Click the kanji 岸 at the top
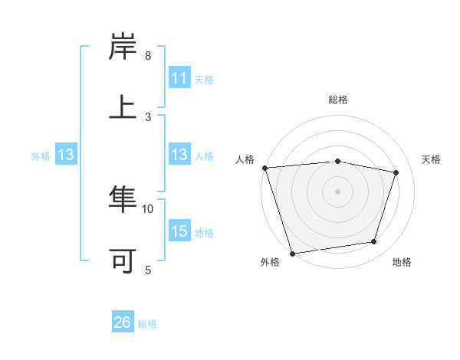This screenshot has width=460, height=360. coord(123,47)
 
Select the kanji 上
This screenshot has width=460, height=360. coord(123,106)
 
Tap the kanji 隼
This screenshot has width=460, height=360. coord(123,201)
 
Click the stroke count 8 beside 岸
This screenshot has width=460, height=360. coord(148,56)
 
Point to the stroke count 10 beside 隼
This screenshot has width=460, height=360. coord(148,208)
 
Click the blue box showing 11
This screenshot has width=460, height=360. coord(179,78)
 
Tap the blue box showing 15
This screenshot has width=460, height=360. coord(179,231)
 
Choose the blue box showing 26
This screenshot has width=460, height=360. coord(123,322)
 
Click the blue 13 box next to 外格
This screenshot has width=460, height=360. coord(66,155)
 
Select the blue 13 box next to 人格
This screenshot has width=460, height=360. coord(179,155)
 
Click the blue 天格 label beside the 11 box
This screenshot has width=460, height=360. coord(204,79)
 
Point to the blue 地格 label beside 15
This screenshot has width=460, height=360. coord(204,232)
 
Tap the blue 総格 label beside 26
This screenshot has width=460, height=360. coord(147,324)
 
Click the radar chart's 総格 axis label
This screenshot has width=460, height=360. coord(338,100)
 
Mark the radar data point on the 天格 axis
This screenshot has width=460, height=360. coord(396,172)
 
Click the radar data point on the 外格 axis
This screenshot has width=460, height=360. coord(292,253)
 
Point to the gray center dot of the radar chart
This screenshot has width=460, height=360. coord(338,191)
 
